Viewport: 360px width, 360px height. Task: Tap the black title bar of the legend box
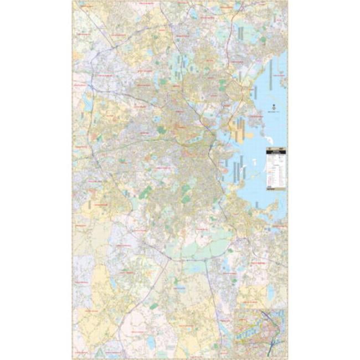coord(276,152)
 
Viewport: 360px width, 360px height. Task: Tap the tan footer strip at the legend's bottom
coord(276,190)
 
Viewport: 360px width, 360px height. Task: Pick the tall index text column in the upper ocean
coord(271,75)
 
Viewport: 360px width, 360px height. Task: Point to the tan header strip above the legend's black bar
coord(276,148)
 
